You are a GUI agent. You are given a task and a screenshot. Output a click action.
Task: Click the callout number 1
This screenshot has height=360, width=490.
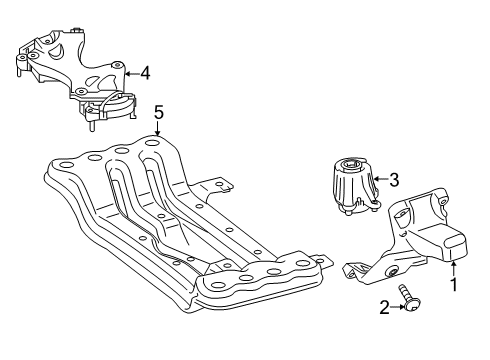tap(453, 284)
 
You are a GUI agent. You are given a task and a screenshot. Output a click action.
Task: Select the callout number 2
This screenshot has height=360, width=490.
tap(384, 307)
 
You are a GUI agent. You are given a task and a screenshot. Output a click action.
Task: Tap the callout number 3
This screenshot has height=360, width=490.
tap(394, 180)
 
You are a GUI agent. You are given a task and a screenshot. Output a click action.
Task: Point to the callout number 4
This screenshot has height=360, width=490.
tap(145, 73)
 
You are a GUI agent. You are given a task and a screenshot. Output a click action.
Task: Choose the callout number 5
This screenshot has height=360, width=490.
tap(159, 112)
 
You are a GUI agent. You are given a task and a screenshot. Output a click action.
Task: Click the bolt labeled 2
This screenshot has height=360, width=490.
tap(409, 298)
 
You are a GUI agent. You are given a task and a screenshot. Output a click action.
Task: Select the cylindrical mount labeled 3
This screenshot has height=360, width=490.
tap(356, 187)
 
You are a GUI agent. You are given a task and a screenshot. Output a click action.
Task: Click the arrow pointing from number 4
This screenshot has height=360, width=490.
tap(132, 74)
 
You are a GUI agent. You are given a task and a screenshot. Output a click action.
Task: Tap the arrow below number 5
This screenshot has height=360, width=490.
tap(158, 128)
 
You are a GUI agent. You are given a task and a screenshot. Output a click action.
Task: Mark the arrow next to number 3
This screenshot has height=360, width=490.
tap(381, 179)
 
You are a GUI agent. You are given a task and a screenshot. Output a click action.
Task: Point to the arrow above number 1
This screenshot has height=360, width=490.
tap(453, 269)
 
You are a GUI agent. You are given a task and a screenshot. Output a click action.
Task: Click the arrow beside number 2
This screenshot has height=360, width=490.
tap(397, 307)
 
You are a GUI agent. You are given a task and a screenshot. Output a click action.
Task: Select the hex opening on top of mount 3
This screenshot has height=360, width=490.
tap(350, 163)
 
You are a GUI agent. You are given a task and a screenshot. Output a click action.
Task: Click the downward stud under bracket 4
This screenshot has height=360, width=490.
tap(90, 126)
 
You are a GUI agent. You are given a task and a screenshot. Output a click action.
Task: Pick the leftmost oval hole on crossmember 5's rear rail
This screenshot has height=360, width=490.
tap(66, 165)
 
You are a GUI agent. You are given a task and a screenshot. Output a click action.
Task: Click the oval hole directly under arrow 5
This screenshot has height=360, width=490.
tap(152, 144)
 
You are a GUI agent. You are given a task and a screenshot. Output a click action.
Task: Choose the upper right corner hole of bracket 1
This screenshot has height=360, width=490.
tap(443, 201)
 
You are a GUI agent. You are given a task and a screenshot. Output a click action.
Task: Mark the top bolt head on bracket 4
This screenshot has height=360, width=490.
tap(78, 30)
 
